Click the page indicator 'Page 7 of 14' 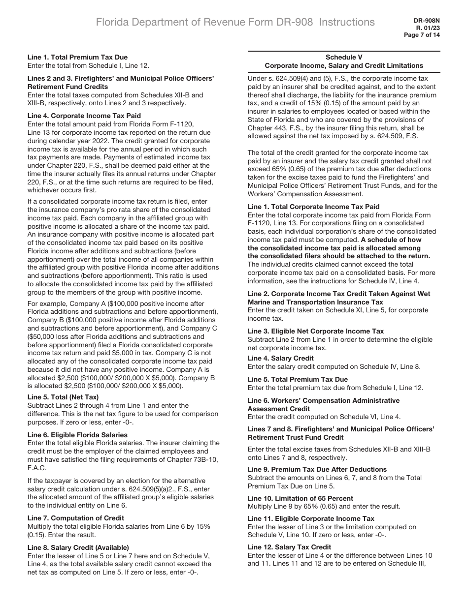422,35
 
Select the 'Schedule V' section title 344,57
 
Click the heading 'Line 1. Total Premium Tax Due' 77,57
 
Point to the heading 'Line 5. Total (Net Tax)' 63,397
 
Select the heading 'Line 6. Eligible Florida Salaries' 77,435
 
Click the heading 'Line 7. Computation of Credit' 76,518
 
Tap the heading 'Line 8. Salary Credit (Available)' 78,547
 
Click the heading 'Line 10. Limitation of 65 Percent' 300,498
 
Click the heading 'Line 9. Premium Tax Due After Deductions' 317,469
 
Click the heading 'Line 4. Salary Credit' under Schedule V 280,358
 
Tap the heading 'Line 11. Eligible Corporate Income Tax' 311,518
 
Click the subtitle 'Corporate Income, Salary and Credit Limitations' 344,65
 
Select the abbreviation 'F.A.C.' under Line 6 37,468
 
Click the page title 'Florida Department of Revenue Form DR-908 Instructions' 235,22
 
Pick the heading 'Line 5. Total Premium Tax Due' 298,379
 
